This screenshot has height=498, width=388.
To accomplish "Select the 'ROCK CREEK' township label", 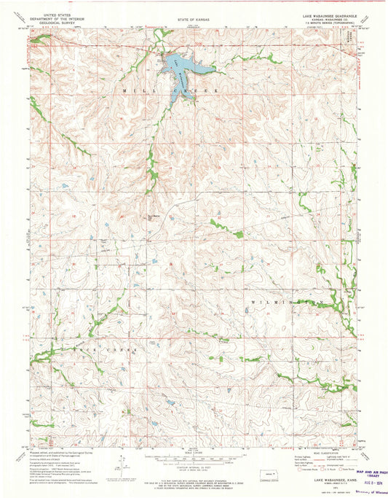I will [x=76, y=351].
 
